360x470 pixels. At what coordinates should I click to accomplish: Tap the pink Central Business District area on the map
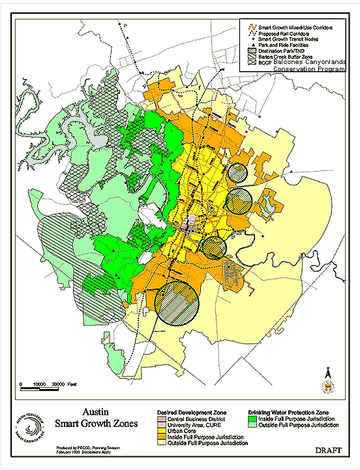point(188,225)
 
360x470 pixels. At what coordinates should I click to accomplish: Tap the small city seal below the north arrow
point(329,388)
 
